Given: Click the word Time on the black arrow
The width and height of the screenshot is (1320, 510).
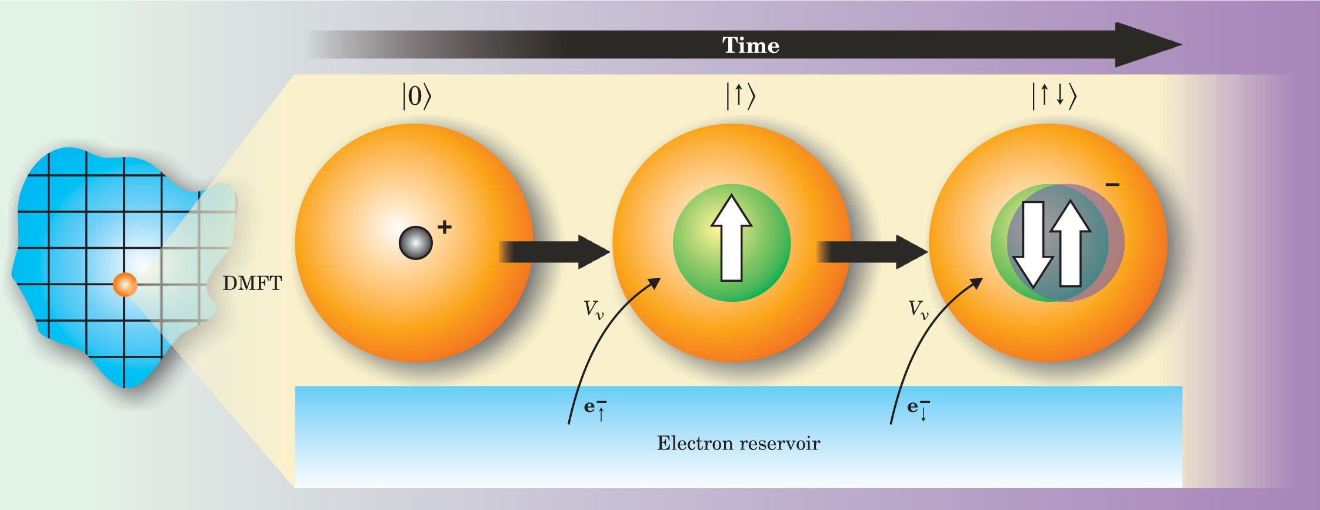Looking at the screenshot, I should pos(751,45).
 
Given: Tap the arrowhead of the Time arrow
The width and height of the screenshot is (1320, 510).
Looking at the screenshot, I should pos(1147,45).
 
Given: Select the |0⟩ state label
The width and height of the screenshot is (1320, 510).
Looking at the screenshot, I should pos(416,96).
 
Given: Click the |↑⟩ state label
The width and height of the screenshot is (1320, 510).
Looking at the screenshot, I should pos(741,96).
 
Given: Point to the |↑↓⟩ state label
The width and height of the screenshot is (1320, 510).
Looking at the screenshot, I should pos(1054,96).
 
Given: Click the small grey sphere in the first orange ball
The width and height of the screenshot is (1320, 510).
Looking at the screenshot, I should pos(415,243).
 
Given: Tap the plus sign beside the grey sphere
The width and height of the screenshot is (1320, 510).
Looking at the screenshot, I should pos(445,227).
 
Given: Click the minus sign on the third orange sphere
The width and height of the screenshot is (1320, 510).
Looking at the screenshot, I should pos(1112,185).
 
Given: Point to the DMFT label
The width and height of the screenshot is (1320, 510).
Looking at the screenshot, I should pos(252,284).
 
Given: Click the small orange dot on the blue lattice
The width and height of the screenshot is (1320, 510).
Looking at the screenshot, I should pos(125,285).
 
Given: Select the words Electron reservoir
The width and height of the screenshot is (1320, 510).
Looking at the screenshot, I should pos(738,443).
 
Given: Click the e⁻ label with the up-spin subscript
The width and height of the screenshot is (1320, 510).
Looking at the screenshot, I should pos(595,408).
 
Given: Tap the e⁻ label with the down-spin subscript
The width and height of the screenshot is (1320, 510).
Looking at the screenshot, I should pos(918,408).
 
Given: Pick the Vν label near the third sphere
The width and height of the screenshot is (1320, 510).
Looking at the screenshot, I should pos(918,309).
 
